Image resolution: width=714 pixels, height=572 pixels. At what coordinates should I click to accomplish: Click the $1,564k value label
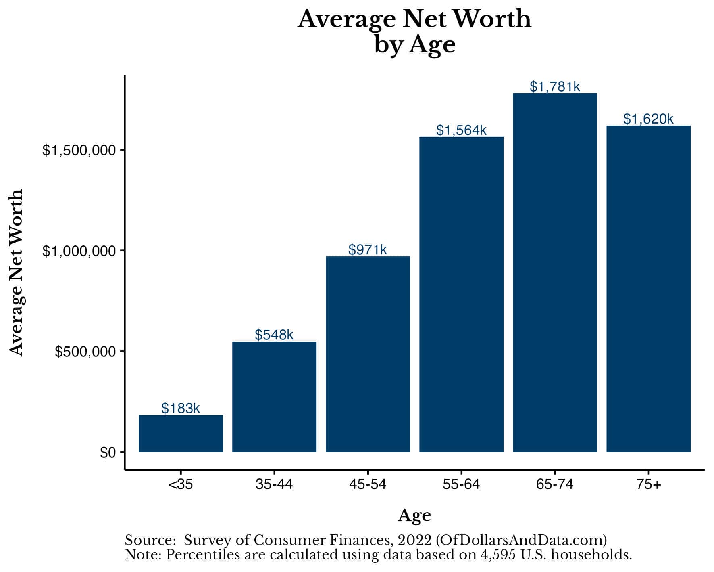click(x=461, y=130)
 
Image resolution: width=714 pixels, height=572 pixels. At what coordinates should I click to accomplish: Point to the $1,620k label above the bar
click(x=648, y=119)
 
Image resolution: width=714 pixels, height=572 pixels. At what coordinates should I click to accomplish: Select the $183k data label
click(x=181, y=408)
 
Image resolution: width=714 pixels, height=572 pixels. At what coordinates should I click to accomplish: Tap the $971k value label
click(x=368, y=249)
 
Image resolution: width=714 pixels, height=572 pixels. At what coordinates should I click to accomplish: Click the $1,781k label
click(x=555, y=86)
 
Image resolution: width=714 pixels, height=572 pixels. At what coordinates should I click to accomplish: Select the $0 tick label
click(x=108, y=453)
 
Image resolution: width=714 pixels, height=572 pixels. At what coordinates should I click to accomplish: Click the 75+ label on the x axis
click(x=648, y=484)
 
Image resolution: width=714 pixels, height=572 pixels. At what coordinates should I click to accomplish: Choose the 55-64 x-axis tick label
click(x=461, y=484)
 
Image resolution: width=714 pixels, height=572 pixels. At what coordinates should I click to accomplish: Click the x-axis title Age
click(x=414, y=515)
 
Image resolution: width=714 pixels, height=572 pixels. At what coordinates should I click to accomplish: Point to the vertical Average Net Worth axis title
click(x=17, y=272)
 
